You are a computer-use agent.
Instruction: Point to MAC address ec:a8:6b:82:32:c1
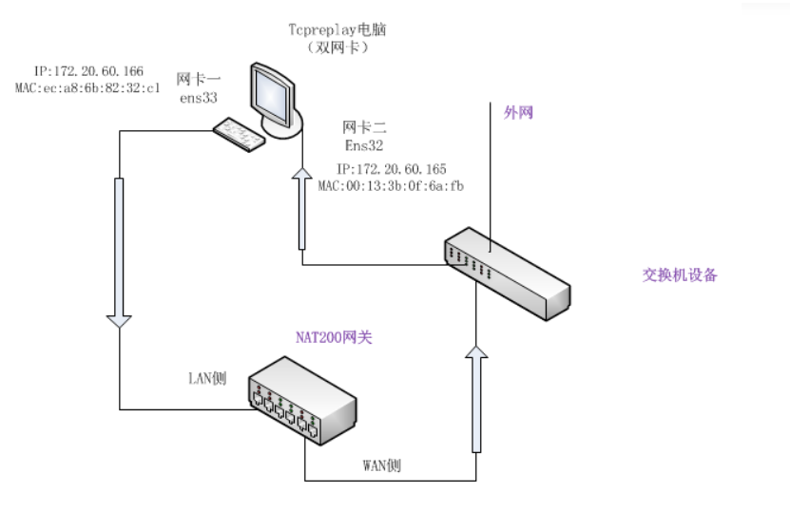[x=87, y=87]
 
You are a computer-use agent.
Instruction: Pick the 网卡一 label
[x=199, y=78]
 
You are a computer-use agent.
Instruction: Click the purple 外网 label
[x=518, y=112]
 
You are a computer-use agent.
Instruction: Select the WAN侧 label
[x=382, y=465]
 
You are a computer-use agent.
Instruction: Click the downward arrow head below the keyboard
[x=120, y=321]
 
